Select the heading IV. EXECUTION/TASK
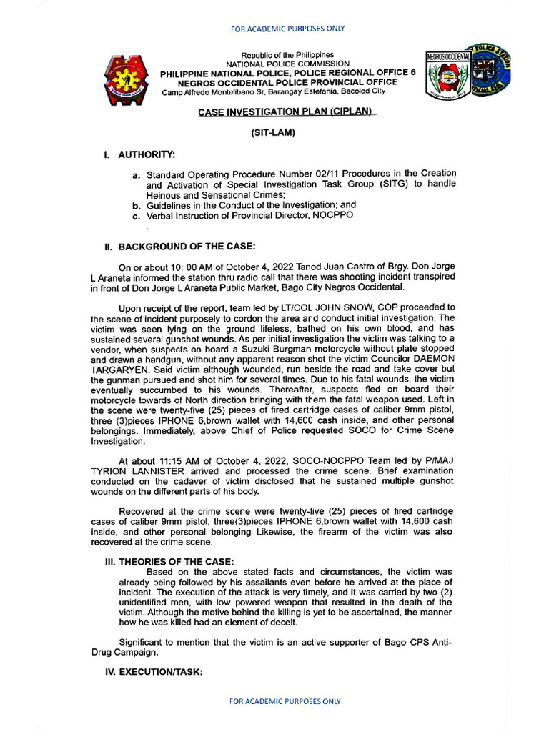tap(154, 671)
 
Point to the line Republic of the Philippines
tap(287, 55)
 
